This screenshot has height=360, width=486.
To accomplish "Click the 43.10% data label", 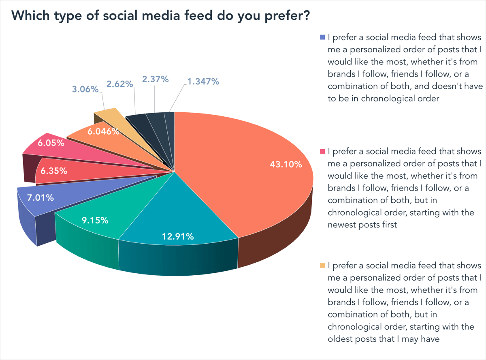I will tap(286, 165).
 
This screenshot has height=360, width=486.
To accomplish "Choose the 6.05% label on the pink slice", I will tap(51, 143).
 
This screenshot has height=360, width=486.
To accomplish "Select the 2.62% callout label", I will tap(120, 84).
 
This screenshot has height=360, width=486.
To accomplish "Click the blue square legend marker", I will tap(322, 37).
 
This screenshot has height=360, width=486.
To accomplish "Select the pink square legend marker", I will tap(322, 151).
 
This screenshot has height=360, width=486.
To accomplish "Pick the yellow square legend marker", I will tap(322, 266).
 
